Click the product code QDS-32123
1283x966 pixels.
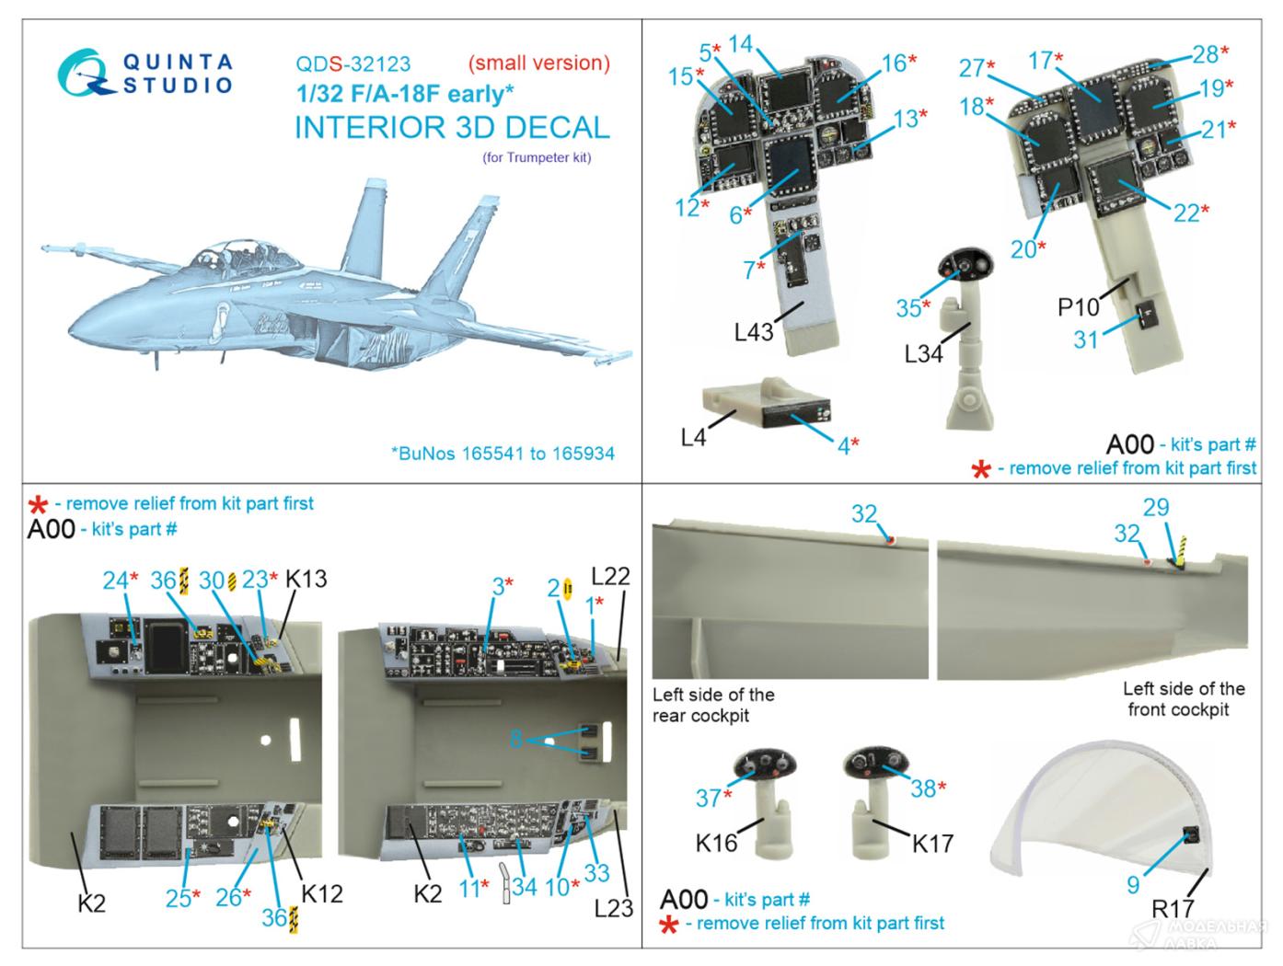pyautogui.click(x=353, y=64)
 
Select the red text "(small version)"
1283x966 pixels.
pyautogui.click(x=538, y=63)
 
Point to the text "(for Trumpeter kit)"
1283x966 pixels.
pyautogui.click(x=537, y=156)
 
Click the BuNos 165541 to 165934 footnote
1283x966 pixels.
pyautogui.click(x=503, y=453)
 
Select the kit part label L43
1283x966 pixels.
pyautogui.click(x=754, y=332)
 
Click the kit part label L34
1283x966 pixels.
pyautogui.click(x=923, y=352)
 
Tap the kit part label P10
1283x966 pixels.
pyautogui.click(x=1079, y=307)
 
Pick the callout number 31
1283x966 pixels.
pyautogui.click(x=1086, y=339)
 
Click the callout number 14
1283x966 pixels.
pyautogui.click(x=740, y=43)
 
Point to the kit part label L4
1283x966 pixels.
pyautogui.click(x=693, y=438)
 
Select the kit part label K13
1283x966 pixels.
pyautogui.click(x=306, y=580)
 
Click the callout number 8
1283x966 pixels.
pyautogui.click(x=516, y=738)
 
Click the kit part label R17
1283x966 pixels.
pyautogui.click(x=1173, y=909)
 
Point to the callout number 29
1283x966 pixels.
pyautogui.click(x=1156, y=507)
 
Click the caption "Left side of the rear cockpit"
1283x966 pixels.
pyautogui.click(x=712, y=705)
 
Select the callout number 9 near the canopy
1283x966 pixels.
pyautogui.click(x=1133, y=884)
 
